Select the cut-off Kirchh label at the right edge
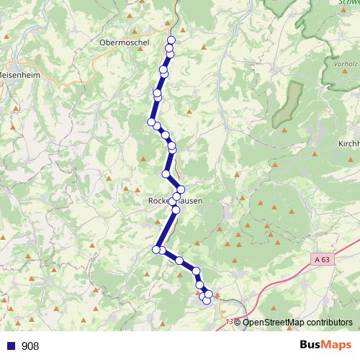pos(348,144)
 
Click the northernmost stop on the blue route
pos(171,40)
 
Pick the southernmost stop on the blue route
pos(207,300)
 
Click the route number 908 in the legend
pos(30,346)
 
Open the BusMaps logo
pos(325,345)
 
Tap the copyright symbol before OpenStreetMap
pos(238,323)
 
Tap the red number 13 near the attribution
pos(230,322)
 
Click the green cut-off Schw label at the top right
pos(348,3)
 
